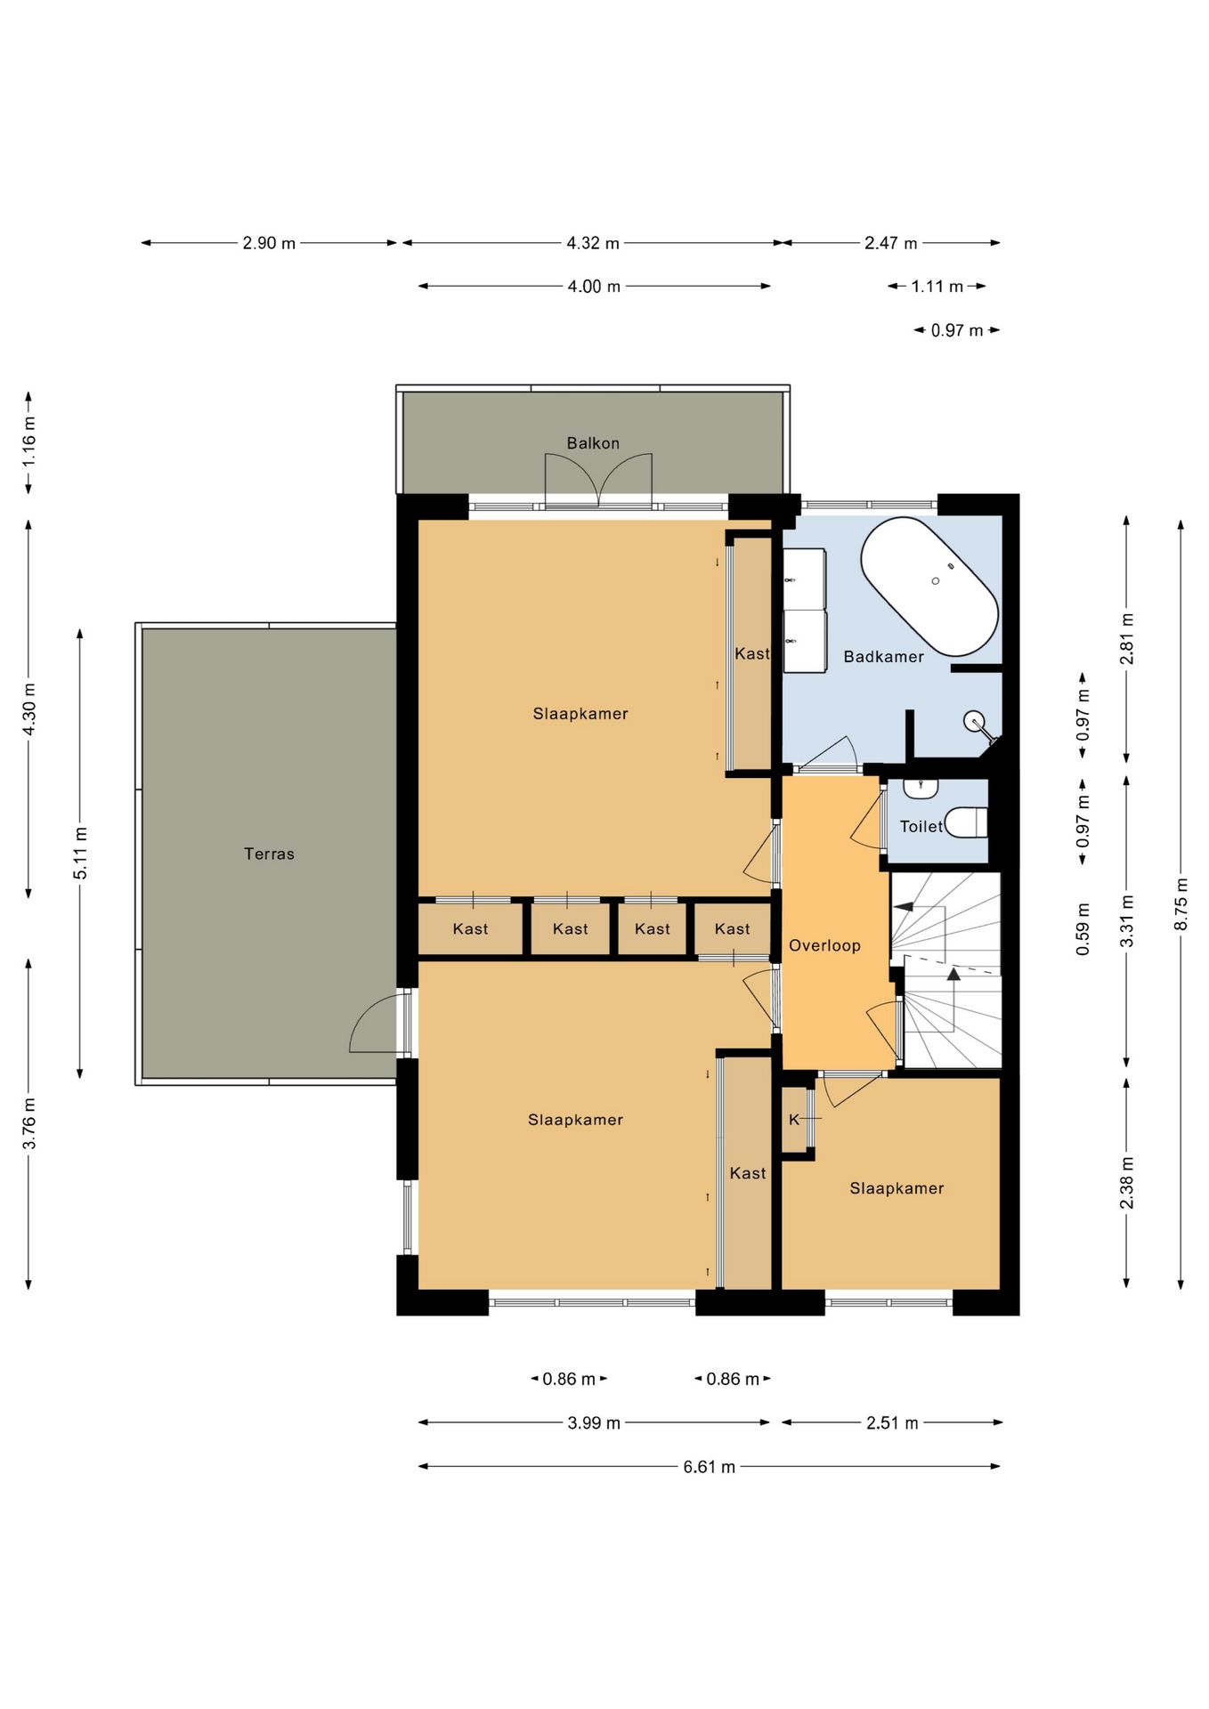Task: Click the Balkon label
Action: pos(593,443)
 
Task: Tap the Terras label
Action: pos(269,854)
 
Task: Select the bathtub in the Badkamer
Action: pos(929,586)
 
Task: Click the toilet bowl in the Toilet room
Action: pos(966,822)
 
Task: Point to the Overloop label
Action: pos(824,945)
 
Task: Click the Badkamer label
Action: pos(883,657)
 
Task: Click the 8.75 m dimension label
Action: pos(1181,904)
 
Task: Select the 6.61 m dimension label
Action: pos(710,1467)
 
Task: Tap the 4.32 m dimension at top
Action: pos(593,243)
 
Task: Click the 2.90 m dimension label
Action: pos(269,243)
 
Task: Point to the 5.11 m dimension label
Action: pos(80,853)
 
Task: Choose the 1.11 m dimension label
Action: pos(937,287)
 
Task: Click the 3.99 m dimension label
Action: pos(594,1423)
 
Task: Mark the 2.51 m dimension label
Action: pos(892,1423)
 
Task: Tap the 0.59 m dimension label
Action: pos(1083,930)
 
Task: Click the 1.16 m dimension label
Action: pos(28,442)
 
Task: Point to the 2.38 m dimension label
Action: pos(1127,1183)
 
